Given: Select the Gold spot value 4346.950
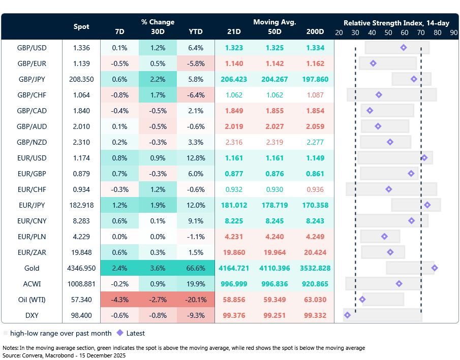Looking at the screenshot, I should click(x=81, y=268).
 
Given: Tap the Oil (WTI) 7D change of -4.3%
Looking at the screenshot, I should click(x=119, y=300).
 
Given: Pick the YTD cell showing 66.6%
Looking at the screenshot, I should click(x=196, y=268).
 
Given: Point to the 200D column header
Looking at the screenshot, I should click(x=315, y=31).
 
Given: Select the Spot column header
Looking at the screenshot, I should click(x=81, y=26).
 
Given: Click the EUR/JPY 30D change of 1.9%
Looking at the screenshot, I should click(x=158, y=205).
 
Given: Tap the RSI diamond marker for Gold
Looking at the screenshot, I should click(x=435, y=268).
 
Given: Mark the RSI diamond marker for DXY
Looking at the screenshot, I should click(x=347, y=315).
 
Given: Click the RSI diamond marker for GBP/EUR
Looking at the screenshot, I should click(x=373, y=63).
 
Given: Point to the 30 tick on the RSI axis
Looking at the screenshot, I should click(x=355, y=32).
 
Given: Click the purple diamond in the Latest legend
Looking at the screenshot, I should click(x=120, y=333).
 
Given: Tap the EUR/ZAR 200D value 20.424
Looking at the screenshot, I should click(x=315, y=252).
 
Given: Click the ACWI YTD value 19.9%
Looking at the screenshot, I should click(x=196, y=283).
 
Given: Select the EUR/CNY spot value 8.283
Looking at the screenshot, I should click(x=81, y=220).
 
